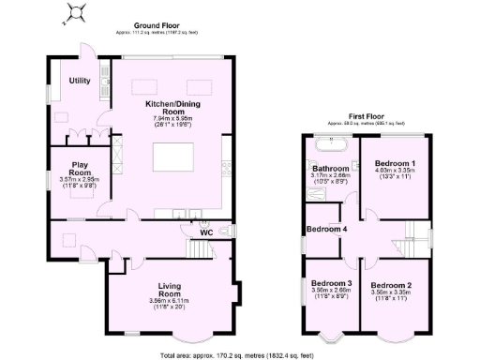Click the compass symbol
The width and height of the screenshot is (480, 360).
77,13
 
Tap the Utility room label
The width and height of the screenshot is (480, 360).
79,81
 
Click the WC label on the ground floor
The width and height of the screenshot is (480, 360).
205,233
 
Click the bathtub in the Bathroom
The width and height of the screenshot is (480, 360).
330,145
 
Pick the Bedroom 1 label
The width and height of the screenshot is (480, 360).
395,162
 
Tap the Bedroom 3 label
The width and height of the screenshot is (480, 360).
331,283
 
